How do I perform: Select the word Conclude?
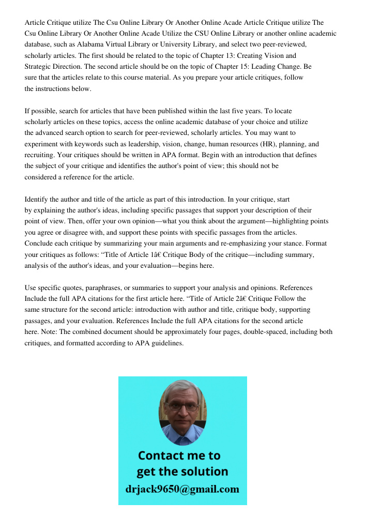(40, 243)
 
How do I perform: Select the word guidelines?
(167, 343)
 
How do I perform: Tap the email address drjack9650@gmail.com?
(182, 489)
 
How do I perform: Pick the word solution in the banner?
(204, 472)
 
